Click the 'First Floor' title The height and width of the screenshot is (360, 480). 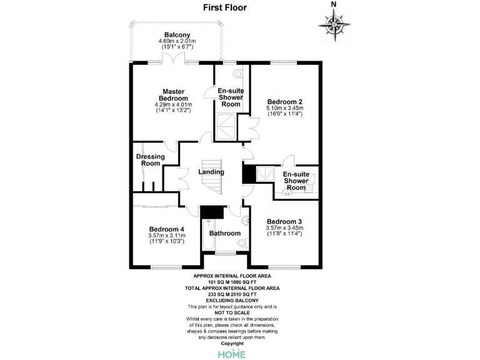coord(224,8)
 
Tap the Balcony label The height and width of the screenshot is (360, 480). coord(177,35)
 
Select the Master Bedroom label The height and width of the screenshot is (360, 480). coord(173,95)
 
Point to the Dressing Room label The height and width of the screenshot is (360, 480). coord(150,160)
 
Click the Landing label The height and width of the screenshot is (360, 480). coord(211,172)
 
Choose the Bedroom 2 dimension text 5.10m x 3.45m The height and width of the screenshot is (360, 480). coord(284,108)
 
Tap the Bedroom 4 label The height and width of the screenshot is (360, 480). coord(166,229)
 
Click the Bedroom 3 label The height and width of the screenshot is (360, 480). coord(284,221)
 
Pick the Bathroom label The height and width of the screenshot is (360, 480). coord(224,233)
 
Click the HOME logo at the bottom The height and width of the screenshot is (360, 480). coord(231,354)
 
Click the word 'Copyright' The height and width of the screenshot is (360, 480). coord(231,343)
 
